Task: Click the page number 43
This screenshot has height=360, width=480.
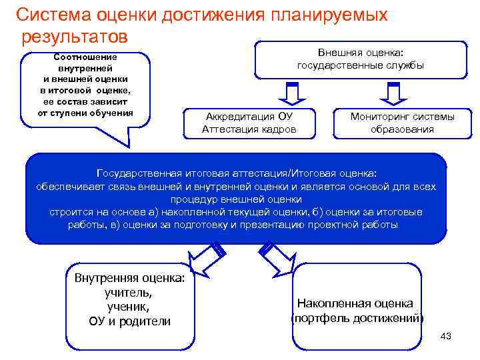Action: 446,336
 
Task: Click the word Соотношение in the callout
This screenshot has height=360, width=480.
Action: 85,57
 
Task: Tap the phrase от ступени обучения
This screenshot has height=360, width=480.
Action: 85,112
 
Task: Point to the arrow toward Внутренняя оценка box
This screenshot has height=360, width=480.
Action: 203,254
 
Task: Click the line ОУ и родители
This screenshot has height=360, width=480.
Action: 129,321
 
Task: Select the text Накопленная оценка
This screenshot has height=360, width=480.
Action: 355,303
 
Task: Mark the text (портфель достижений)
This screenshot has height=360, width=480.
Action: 357,318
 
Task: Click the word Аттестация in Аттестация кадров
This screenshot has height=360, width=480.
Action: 230,129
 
